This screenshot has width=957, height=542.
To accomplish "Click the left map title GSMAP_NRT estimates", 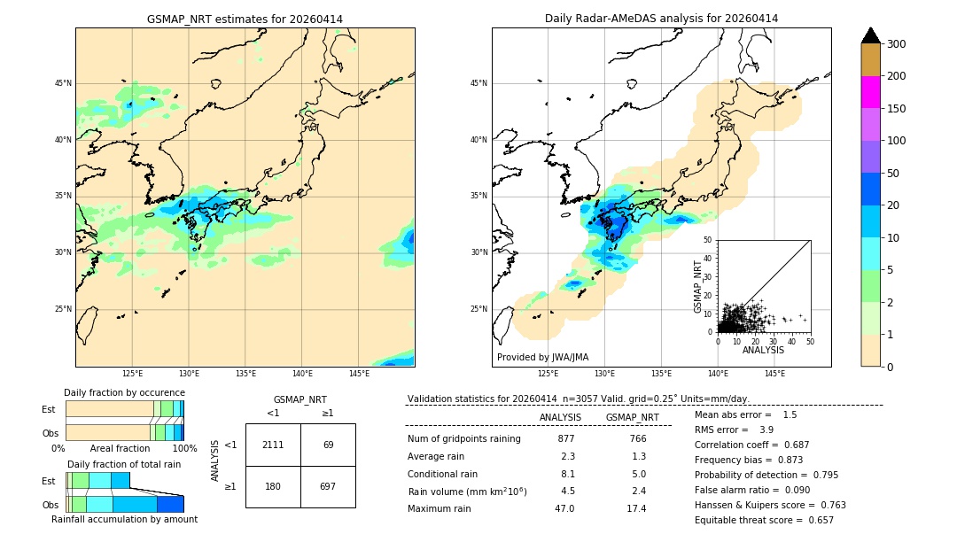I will (x=245, y=19).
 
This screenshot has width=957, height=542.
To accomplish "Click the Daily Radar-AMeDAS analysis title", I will (x=661, y=19).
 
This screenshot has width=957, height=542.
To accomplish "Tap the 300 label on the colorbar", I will (x=897, y=44).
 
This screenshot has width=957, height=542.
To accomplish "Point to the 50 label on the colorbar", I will (x=893, y=174).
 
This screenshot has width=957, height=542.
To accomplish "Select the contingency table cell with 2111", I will (x=273, y=445).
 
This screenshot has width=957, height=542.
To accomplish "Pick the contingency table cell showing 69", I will (x=328, y=445).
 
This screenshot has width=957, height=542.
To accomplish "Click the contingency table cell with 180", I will (x=273, y=486).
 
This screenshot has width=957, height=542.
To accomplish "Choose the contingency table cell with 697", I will (x=328, y=486).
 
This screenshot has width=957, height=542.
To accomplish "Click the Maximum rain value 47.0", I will (x=564, y=508).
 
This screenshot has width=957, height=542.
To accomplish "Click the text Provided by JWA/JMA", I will (x=542, y=358).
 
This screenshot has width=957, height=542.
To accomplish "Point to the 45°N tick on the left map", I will (x=63, y=83).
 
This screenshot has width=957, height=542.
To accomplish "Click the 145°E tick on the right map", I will (x=774, y=374).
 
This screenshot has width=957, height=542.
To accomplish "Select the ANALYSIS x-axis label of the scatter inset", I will (x=763, y=350).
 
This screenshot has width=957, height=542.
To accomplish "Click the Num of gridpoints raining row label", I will (x=464, y=439).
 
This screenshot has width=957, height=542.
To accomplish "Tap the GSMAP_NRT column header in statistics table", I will (x=632, y=417).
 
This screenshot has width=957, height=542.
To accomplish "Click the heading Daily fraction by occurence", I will (x=124, y=392).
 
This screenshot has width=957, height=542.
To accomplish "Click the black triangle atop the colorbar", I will (x=871, y=35).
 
